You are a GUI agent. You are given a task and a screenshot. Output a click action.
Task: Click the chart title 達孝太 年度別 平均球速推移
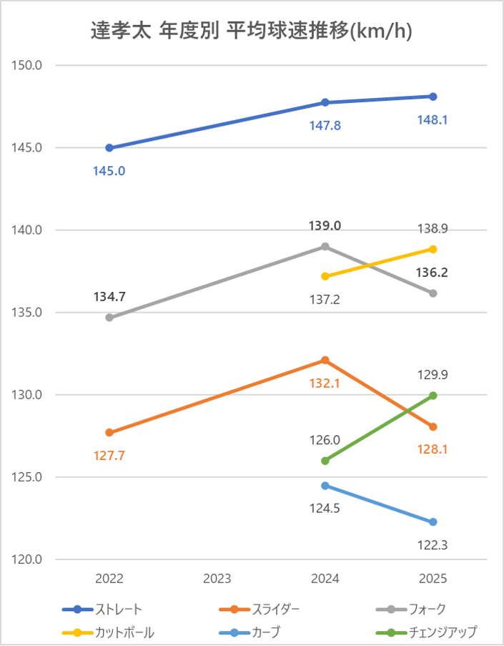252,31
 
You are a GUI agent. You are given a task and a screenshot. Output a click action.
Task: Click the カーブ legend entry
265,632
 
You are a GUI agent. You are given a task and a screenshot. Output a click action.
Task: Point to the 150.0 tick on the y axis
29,66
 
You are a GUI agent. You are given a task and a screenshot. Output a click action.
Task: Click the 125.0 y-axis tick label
29,477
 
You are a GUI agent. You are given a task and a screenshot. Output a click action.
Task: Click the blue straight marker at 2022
109,148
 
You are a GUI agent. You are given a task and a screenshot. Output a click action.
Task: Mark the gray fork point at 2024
325,246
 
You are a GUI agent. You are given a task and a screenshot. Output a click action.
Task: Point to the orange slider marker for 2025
433,427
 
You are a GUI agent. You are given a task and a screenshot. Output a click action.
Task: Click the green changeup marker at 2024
325,461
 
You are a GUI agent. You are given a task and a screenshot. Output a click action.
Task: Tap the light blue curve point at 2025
433,522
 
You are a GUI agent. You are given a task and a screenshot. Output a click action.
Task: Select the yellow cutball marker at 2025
433,249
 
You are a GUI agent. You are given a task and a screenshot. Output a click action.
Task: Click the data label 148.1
433,120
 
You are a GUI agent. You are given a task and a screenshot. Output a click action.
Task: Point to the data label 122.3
433,546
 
